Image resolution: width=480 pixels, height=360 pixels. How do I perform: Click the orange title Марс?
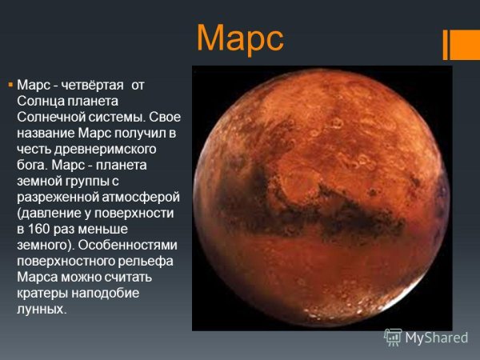pos(240,38)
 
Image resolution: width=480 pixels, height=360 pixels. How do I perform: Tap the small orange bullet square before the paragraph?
pos(10,84)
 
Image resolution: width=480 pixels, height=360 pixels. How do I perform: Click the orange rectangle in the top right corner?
pos(465,45)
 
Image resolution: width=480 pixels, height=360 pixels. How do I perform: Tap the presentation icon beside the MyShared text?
pos(393,337)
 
